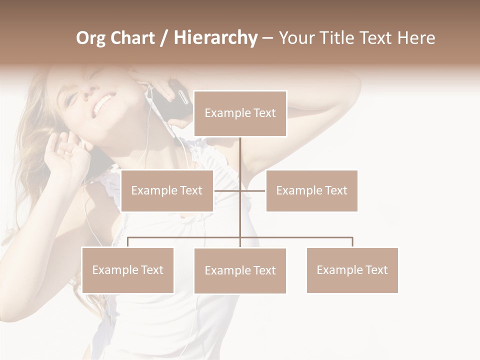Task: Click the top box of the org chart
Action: click(240, 113)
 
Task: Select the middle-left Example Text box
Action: click(167, 190)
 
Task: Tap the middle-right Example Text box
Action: click(311, 190)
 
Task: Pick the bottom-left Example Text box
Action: click(128, 270)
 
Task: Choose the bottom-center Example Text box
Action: click(240, 270)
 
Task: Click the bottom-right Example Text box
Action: click(352, 270)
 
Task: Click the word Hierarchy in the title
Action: click(215, 38)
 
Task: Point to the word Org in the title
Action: click(91, 38)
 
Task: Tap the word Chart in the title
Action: click(132, 38)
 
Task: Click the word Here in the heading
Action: click(415, 38)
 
